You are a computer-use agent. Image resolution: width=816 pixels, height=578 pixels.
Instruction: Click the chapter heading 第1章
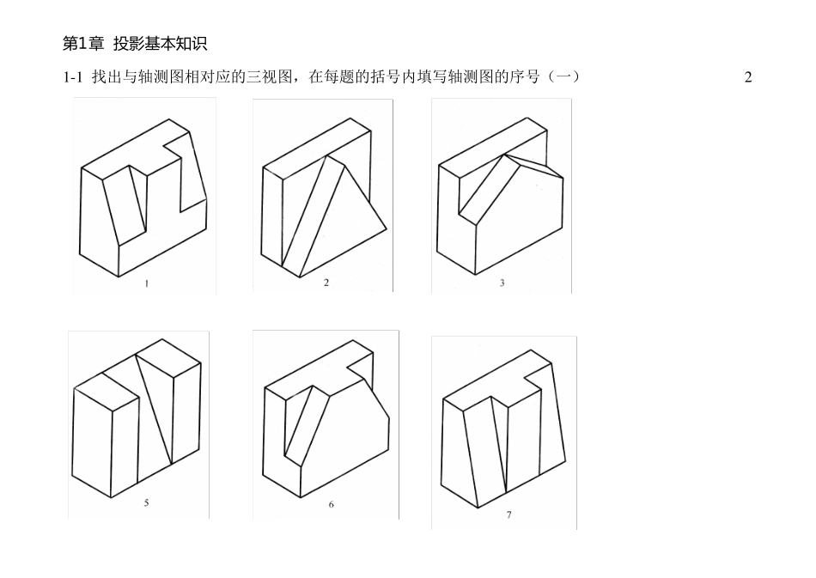click(82, 43)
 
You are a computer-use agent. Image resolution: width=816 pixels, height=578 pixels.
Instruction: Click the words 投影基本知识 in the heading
click(160, 43)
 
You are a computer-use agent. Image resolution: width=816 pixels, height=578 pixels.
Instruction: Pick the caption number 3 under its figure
click(502, 284)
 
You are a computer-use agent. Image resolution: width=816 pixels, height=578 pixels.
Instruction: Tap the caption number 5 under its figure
click(146, 503)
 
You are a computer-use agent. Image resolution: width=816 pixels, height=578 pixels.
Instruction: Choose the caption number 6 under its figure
click(331, 505)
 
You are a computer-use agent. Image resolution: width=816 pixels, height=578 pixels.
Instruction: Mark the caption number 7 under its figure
click(509, 514)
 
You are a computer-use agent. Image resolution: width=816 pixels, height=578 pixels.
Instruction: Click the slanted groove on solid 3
click(485, 185)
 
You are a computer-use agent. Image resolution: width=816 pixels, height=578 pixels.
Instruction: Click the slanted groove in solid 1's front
click(125, 202)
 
